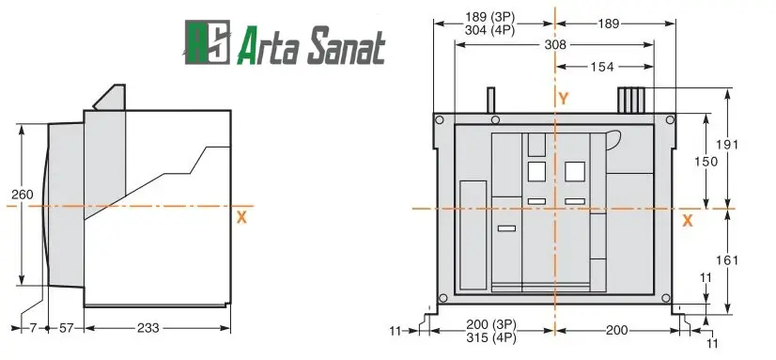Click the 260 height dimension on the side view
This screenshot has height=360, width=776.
(x=23, y=195)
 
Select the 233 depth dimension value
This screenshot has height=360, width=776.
(x=148, y=328)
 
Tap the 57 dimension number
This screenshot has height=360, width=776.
(x=67, y=328)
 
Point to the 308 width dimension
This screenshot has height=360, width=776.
(x=555, y=44)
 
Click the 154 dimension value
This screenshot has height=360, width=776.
(x=602, y=67)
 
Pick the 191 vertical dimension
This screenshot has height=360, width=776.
(x=727, y=145)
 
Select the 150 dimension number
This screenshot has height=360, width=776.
(x=706, y=162)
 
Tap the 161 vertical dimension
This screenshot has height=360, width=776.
(x=727, y=260)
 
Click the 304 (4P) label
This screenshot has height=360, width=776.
(x=490, y=30)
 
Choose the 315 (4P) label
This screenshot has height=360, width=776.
(x=491, y=338)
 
